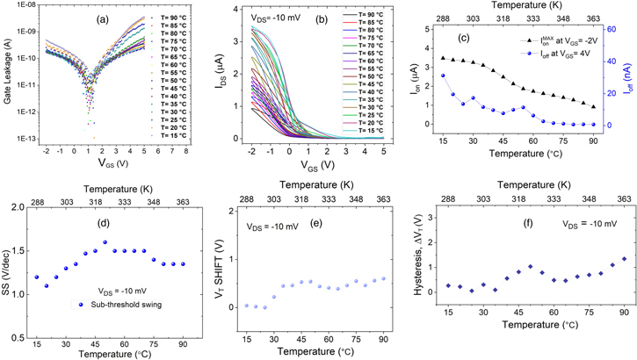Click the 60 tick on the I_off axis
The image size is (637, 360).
click(617, 29)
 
